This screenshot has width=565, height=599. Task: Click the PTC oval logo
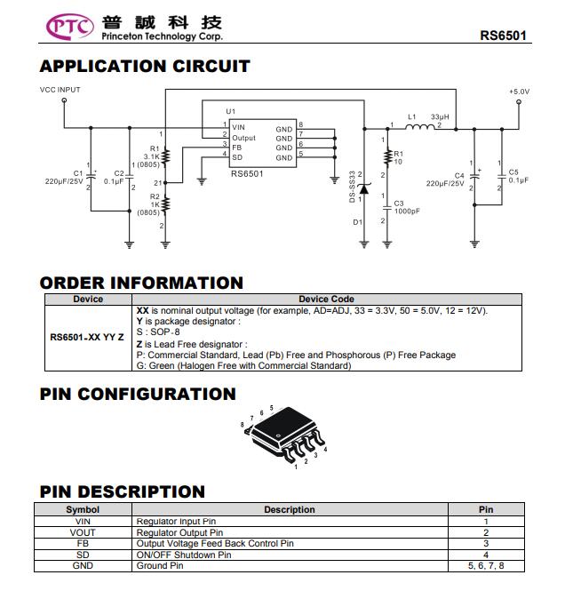coord(70,27)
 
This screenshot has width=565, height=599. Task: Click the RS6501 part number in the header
coord(503,36)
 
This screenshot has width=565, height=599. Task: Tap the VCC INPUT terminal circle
coord(64,100)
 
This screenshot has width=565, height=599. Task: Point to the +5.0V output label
coord(519,92)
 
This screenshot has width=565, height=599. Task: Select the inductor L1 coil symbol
coord(419,127)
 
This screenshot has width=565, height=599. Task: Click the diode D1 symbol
coord(364,188)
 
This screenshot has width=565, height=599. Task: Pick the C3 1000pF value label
coord(407,212)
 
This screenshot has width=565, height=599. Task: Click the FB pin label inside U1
coord(236,148)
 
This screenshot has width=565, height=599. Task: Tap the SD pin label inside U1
coord(237,157)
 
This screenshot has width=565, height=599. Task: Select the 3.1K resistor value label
coord(152,156)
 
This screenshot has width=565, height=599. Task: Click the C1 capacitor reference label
coord(78,173)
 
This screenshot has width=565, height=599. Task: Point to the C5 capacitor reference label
coord(513,172)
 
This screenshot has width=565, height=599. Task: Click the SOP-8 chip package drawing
coord(284,435)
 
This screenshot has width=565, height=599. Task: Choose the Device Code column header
coord(326,299)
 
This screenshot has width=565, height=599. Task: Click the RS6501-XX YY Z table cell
coord(87,338)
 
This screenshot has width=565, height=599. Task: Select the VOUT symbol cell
coord(83,532)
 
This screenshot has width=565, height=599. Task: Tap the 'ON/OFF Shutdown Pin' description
coord(184,555)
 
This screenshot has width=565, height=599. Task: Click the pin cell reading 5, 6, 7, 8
coord(486,566)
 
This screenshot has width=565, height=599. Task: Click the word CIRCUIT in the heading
coord(211,66)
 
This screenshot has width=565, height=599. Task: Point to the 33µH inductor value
coord(440,117)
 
